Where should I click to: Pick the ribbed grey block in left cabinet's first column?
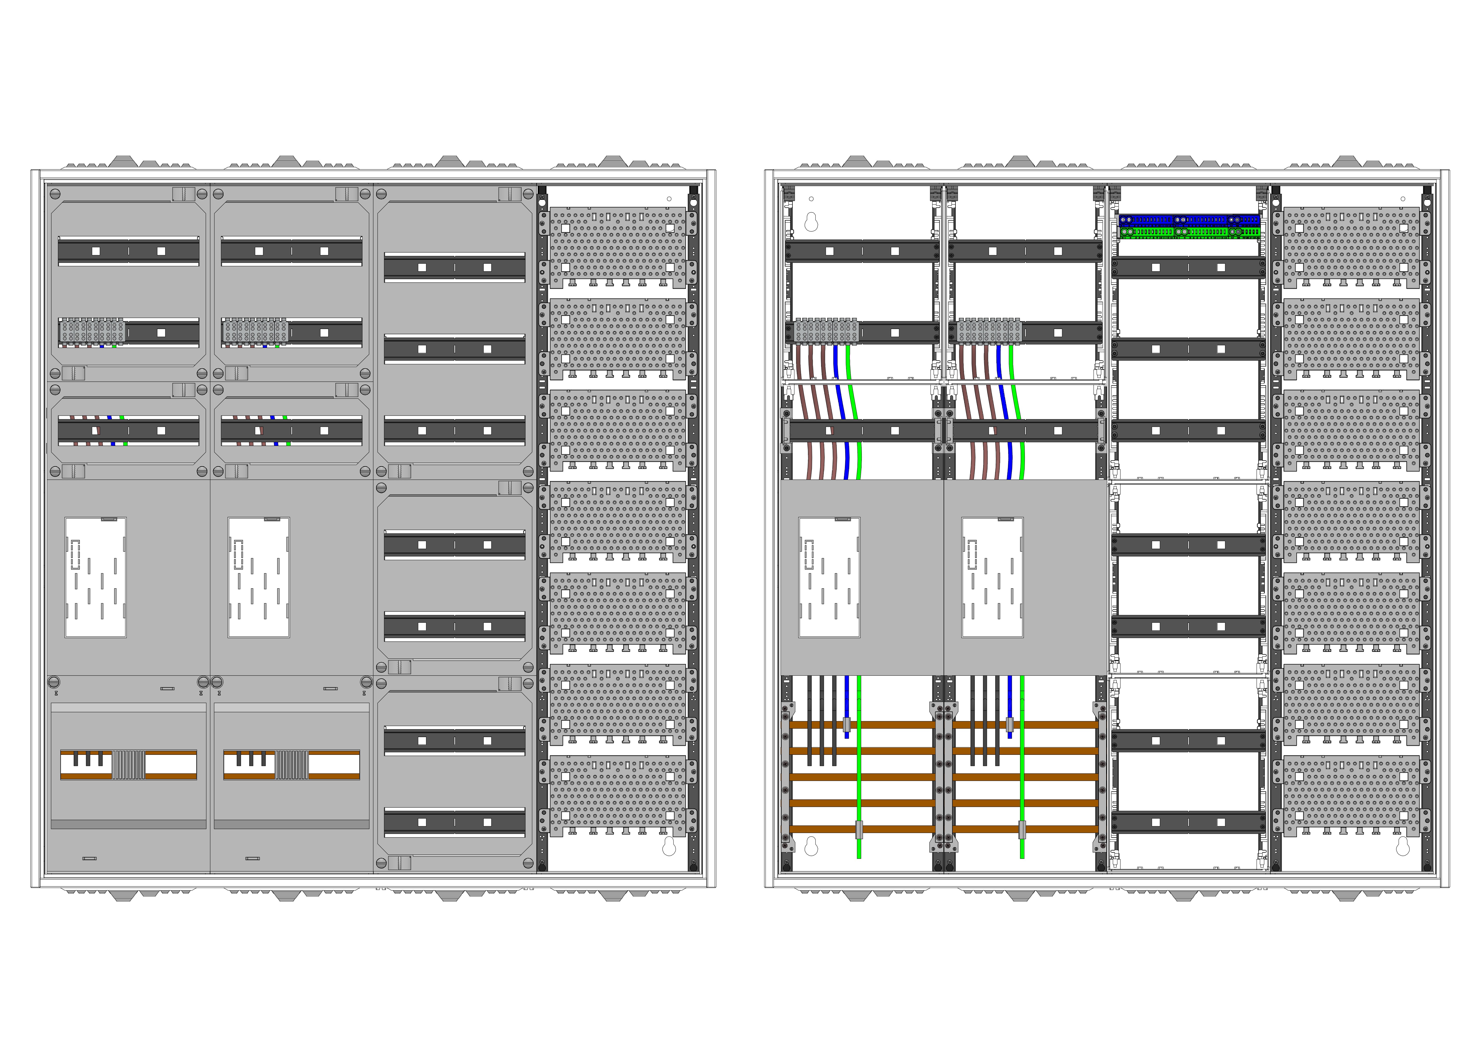click(128, 764)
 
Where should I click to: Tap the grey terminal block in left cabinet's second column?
click(255, 332)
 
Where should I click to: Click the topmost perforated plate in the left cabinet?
click(618, 247)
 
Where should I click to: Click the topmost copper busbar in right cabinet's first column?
click(861, 724)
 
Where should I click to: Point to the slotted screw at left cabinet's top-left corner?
click(55, 193)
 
